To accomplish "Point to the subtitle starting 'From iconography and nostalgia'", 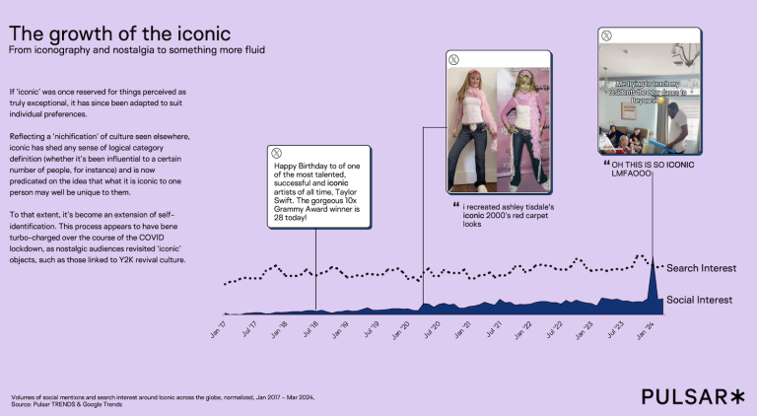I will (x=137, y=49).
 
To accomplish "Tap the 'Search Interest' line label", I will (x=702, y=268).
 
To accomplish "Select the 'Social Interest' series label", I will (x=700, y=300).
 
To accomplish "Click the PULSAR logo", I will (x=692, y=395).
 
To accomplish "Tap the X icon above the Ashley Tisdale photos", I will (x=452, y=58).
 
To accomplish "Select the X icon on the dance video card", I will (x=607, y=35).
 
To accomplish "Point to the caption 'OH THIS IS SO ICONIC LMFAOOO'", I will (x=653, y=169).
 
